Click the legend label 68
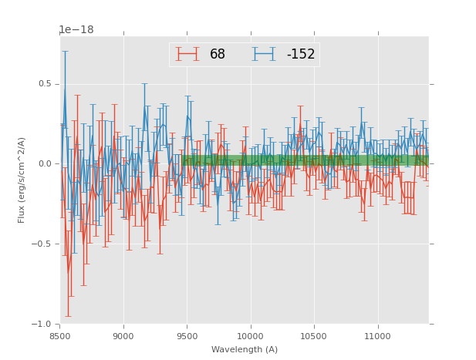218,55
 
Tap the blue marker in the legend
263,54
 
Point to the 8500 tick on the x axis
60,336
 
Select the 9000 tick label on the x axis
123,336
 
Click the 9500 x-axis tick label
187,336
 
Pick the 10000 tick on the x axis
251,336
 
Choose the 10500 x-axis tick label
314,336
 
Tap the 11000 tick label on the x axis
377,336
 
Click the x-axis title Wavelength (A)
245,350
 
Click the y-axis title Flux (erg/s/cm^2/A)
22,180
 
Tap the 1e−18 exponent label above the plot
76,30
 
